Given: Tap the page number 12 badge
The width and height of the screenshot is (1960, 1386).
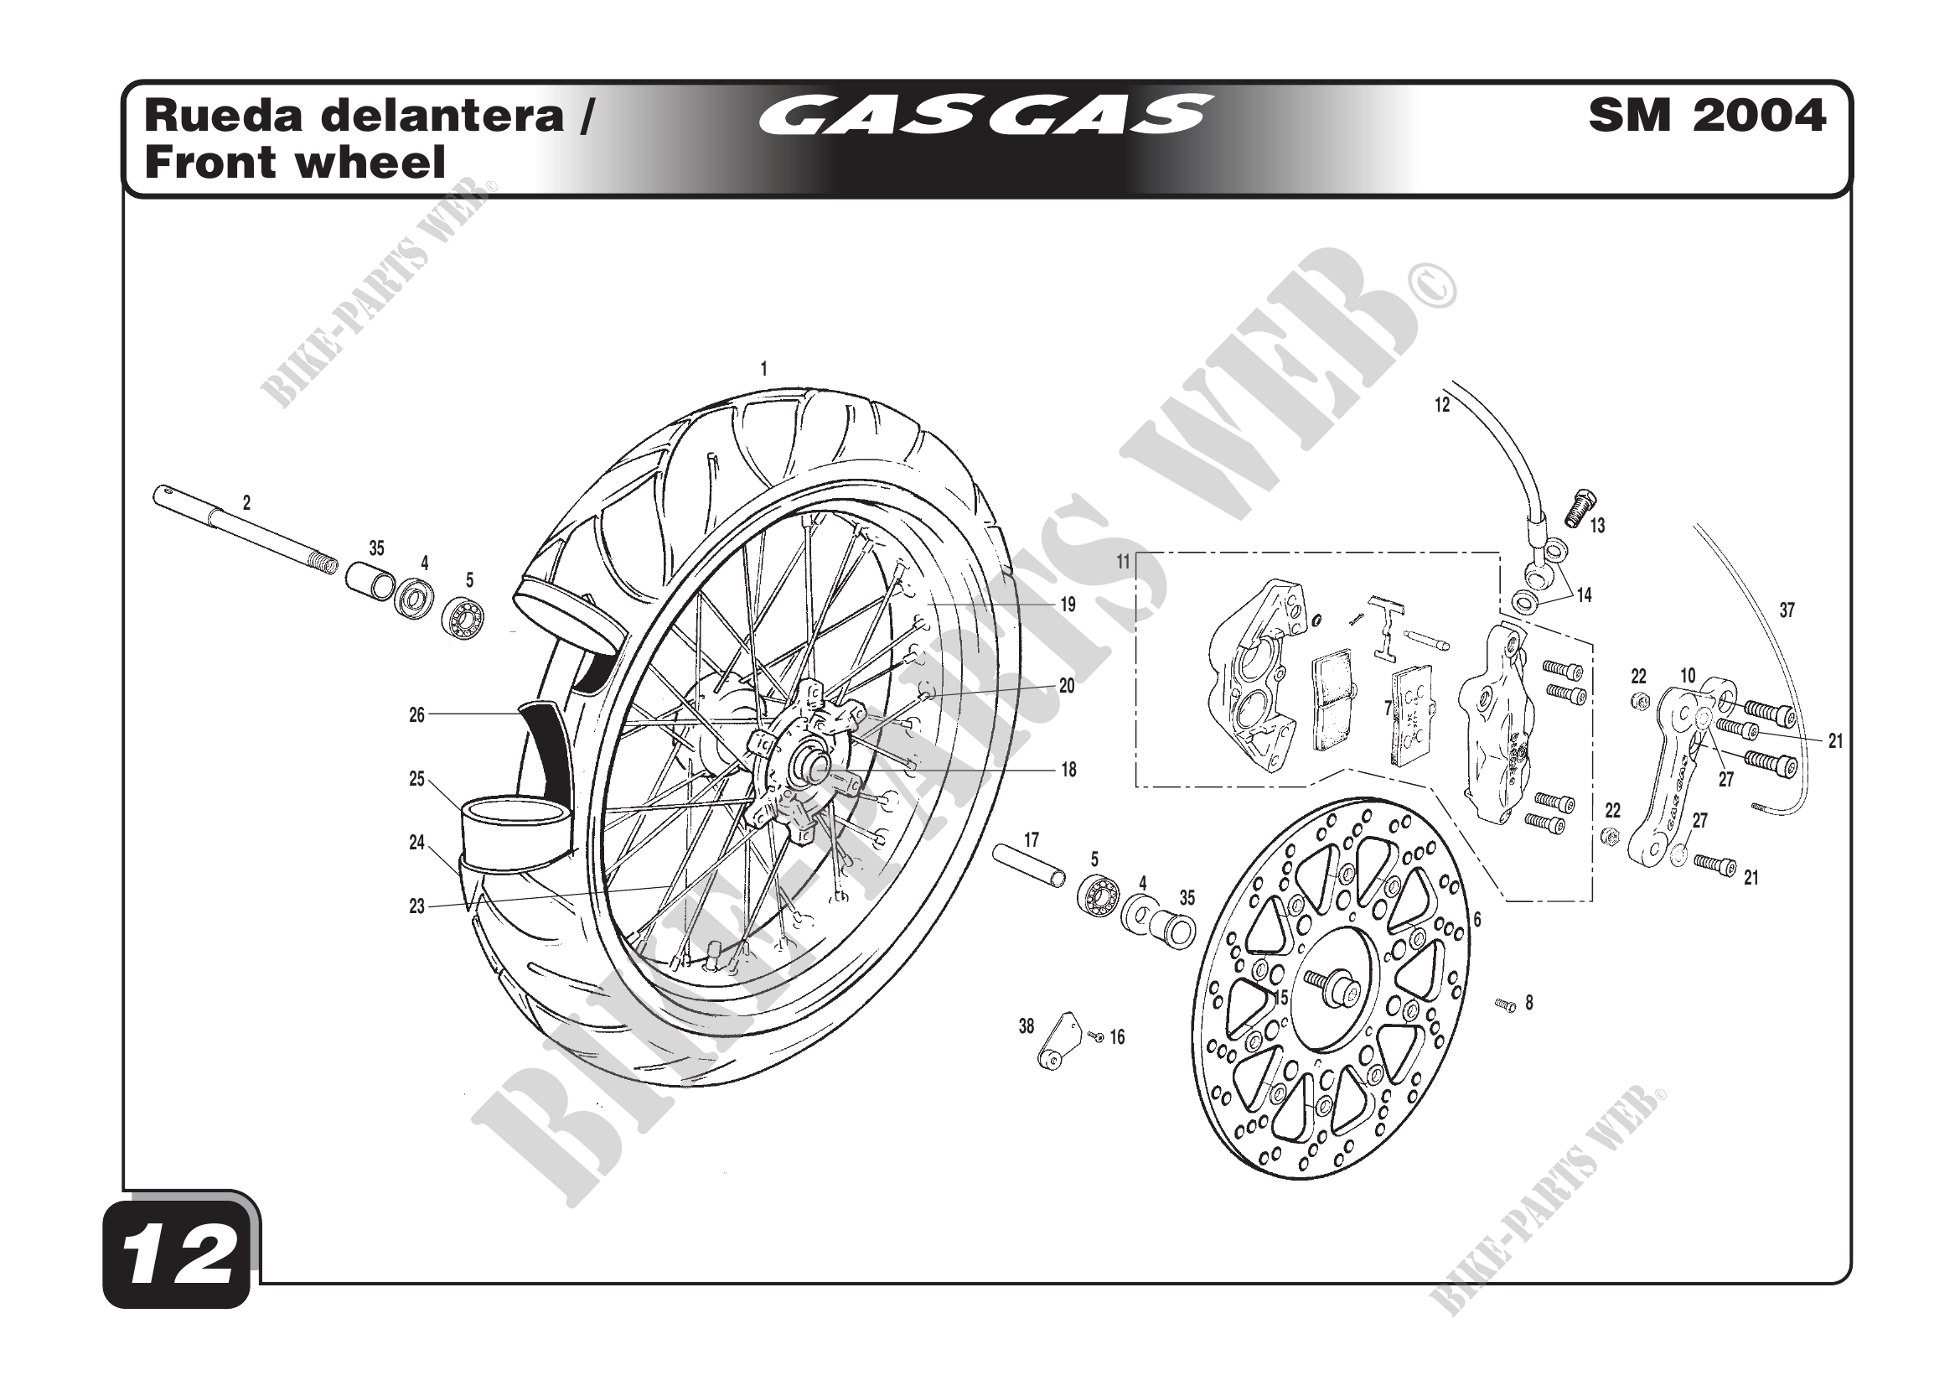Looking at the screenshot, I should pyautogui.click(x=178, y=1256).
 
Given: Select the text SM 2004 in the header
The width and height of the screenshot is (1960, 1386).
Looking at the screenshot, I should pyautogui.click(x=1707, y=115).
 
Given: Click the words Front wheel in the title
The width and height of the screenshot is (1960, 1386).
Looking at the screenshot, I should pyautogui.click(x=295, y=163).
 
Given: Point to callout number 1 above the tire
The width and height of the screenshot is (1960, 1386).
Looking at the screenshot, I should pyautogui.click(x=764, y=369).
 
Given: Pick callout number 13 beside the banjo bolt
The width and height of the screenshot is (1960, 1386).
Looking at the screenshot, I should pyautogui.click(x=1597, y=526).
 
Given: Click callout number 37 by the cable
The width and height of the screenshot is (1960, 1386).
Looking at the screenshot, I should pyautogui.click(x=1787, y=610).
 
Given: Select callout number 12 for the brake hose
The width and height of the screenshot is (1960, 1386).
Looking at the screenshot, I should pyautogui.click(x=1442, y=405).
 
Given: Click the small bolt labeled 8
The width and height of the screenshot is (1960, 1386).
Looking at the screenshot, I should pyautogui.click(x=1506, y=1006).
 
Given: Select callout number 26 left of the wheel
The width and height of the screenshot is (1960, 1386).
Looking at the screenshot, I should pyautogui.click(x=416, y=714).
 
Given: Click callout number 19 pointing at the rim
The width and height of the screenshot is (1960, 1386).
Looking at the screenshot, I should pyautogui.click(x=1068, y=605).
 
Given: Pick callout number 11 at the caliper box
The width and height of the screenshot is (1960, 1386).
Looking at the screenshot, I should pyautogui.click(x=1124, y=561).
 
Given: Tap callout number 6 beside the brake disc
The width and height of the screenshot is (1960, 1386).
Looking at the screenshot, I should pyautogui.click(x=1476, y=919).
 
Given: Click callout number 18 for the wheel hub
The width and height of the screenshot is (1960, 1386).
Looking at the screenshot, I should pyautogui.click(x=1068, y=770).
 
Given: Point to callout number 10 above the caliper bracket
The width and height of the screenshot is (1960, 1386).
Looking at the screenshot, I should pyautogui.click(x=1688, y=676).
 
